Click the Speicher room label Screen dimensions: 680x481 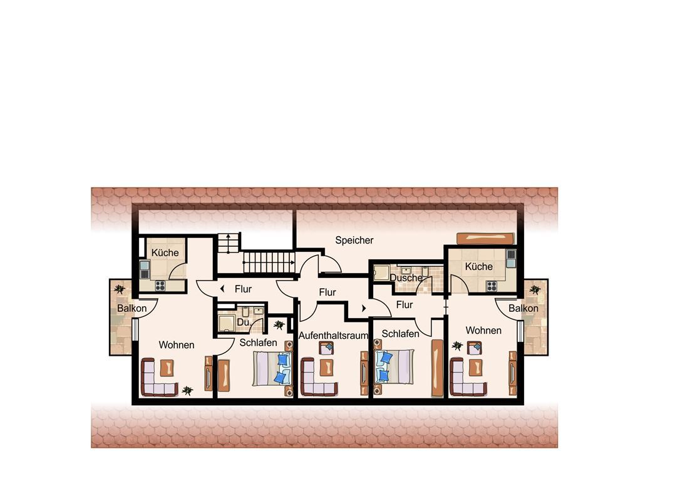354,240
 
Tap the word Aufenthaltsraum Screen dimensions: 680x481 333,335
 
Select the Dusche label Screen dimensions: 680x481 406,277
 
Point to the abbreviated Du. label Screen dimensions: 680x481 244,323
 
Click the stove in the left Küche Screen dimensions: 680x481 160,286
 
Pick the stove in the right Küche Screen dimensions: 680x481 492,286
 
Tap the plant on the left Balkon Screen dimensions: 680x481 119,289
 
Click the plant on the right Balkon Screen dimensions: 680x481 535,289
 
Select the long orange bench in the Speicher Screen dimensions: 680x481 485,239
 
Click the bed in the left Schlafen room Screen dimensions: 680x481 272,368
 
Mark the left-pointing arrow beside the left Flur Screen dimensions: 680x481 222,289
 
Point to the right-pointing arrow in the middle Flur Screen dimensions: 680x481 364,308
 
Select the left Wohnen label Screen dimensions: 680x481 176,345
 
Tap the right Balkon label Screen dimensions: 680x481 523,308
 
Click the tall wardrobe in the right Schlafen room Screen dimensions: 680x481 437,368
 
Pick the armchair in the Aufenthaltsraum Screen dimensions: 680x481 326,348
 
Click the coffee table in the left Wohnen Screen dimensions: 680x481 167,368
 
